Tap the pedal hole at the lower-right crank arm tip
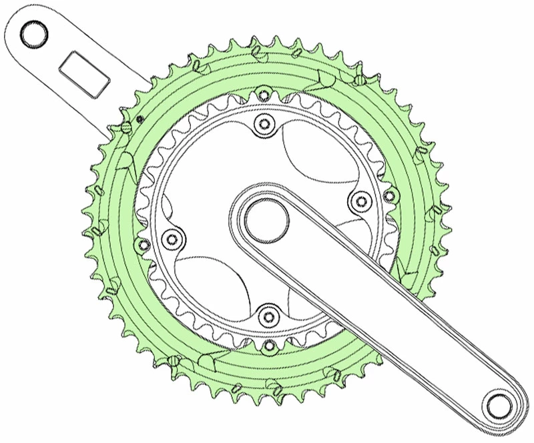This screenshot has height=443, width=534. (x=499, y=405)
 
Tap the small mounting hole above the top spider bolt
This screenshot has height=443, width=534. (x=264, y=93)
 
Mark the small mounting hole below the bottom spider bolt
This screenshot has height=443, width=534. (x=268, y=346)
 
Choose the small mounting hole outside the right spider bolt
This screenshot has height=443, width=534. (x=390, y=194)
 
